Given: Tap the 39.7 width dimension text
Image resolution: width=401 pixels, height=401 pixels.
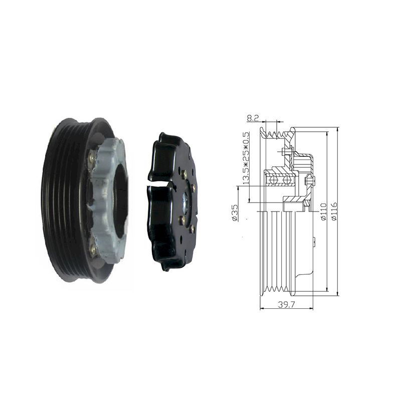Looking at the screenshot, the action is pos(286,304).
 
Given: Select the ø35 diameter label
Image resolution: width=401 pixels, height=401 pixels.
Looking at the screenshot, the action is pos(234,212).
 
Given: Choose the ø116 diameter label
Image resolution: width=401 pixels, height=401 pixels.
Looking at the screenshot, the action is pos(334,211).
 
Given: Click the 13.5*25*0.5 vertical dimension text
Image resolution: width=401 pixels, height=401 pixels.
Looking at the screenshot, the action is pos(246,158).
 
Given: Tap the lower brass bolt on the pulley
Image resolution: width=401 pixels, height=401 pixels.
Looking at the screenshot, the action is pos(92,247).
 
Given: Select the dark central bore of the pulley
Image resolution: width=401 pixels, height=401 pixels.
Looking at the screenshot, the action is pos(120,201).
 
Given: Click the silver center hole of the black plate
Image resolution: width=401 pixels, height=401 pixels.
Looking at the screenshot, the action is pos(185,202).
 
